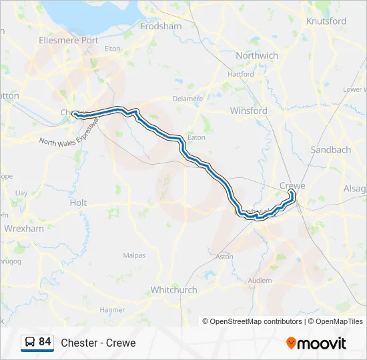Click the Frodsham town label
point(161,26)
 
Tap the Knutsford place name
point(326,21)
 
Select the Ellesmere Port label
point(68,40)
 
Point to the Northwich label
point(257,55)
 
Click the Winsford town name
point(248,111)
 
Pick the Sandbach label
point(331,150)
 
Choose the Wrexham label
point(24,228)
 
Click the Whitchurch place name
point(173,290)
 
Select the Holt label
point(78,203)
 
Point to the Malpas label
point(134,255)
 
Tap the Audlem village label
point(260,281)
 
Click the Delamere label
point(188,99)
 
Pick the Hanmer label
point(112,310)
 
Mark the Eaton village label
point(197,137)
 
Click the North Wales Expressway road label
point(69,133)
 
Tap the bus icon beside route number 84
point(29,343)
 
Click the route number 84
point(45,342)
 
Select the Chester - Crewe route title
point(98,343)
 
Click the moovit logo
point(316,343)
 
